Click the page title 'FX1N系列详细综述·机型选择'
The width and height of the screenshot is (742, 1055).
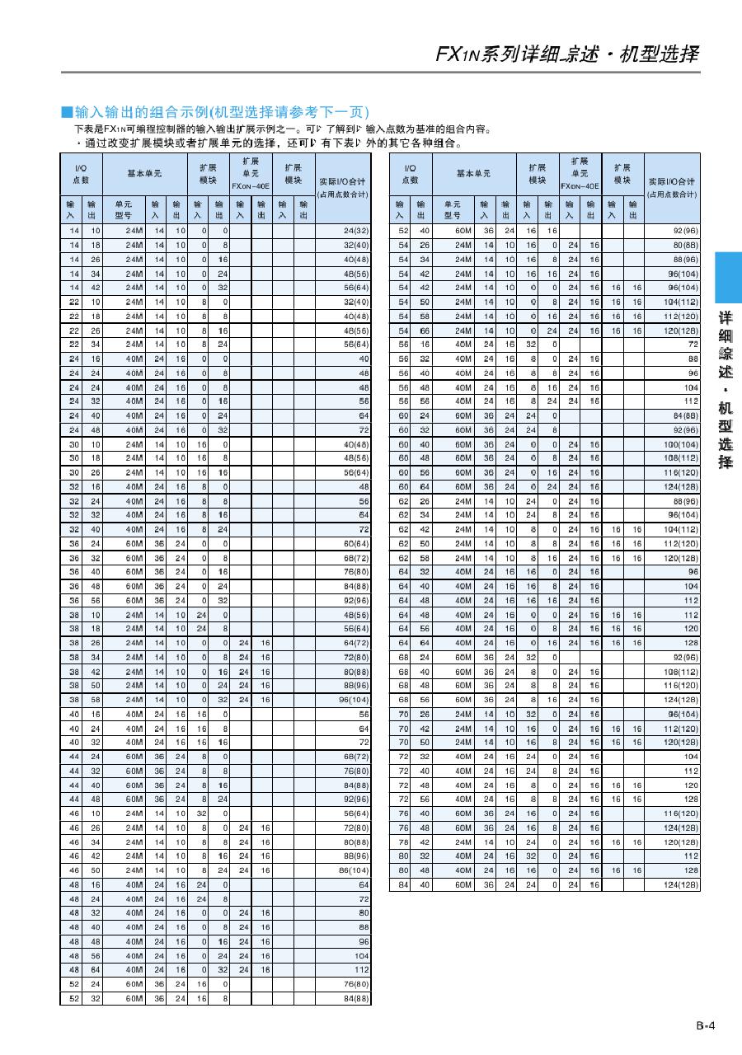pos(566,54)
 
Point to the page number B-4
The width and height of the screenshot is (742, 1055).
pos(704,1026)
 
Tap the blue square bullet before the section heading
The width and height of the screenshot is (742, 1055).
pos(67,112)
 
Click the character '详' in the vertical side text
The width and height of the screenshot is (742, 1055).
pos(726,318)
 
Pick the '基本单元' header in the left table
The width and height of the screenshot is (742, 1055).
pos(144,174)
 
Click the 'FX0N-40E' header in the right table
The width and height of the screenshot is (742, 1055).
pos(580,186)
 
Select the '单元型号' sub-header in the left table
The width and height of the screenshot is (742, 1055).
pos(123,209)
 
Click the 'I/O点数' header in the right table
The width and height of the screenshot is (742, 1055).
pos(410,174)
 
